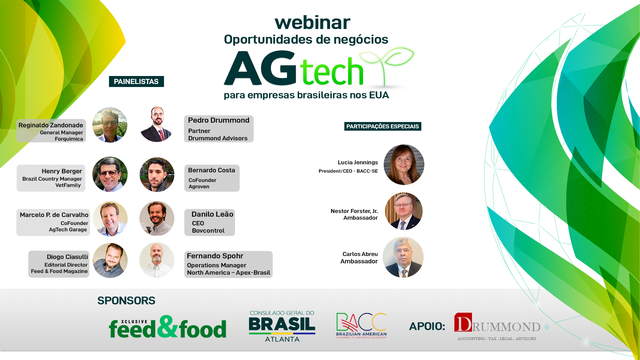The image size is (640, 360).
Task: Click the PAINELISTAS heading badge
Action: pyautogui.click(x=136, y=82)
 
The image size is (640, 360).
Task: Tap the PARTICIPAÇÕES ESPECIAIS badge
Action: pyautogui.click(x=383, y=126)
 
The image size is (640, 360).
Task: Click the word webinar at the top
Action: pyautogui.click(x=312, y=23)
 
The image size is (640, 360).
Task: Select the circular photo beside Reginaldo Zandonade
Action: pyautogui.click(x=110, y=125)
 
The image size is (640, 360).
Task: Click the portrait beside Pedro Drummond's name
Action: pyautogui.click(x=157, y=124)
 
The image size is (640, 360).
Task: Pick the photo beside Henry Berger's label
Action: pyautogui.click(x=110, y=174)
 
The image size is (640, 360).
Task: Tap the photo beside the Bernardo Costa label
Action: pyautogui.click(x=157, y=175)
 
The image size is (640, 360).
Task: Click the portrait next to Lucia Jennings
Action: pyautogui.click(x=404, y=165)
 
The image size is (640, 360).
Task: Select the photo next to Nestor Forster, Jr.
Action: pyautogui.click(x=404, y=211)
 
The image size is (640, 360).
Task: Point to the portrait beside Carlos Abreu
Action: pyautogui.click(x=403, y=257)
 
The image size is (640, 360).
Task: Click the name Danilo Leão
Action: pyautogui.click(x=212, y=214)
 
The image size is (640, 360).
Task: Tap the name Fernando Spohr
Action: pyautogui.click(x=215, y=256)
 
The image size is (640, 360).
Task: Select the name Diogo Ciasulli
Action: pyautogui.click(x=67, y=257)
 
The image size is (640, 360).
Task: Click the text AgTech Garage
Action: pyautogui.click(x=68, y=230)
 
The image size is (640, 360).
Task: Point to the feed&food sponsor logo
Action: pyautogui.click(x=168, y=327)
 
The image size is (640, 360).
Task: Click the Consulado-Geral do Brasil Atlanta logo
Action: pyautogui.click(x=282, y=326)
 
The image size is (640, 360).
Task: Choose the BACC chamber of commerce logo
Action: pyautogui.click(x=361, y=326)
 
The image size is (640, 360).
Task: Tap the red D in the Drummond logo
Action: pyautogui.click(x=463, y=322)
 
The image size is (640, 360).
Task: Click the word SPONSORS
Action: pyautogui.click(x=126, y=301)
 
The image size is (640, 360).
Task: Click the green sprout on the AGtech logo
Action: pyautogui.click(x=387, y=65)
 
